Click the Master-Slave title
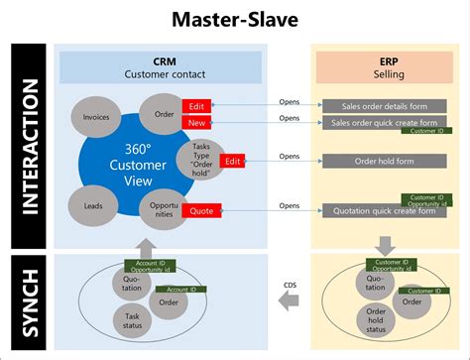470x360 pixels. coord(235,18)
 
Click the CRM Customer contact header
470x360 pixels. coord(162,65)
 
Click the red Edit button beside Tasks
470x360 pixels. coord(233,161)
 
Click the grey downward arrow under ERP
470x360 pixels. coord(385,245)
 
